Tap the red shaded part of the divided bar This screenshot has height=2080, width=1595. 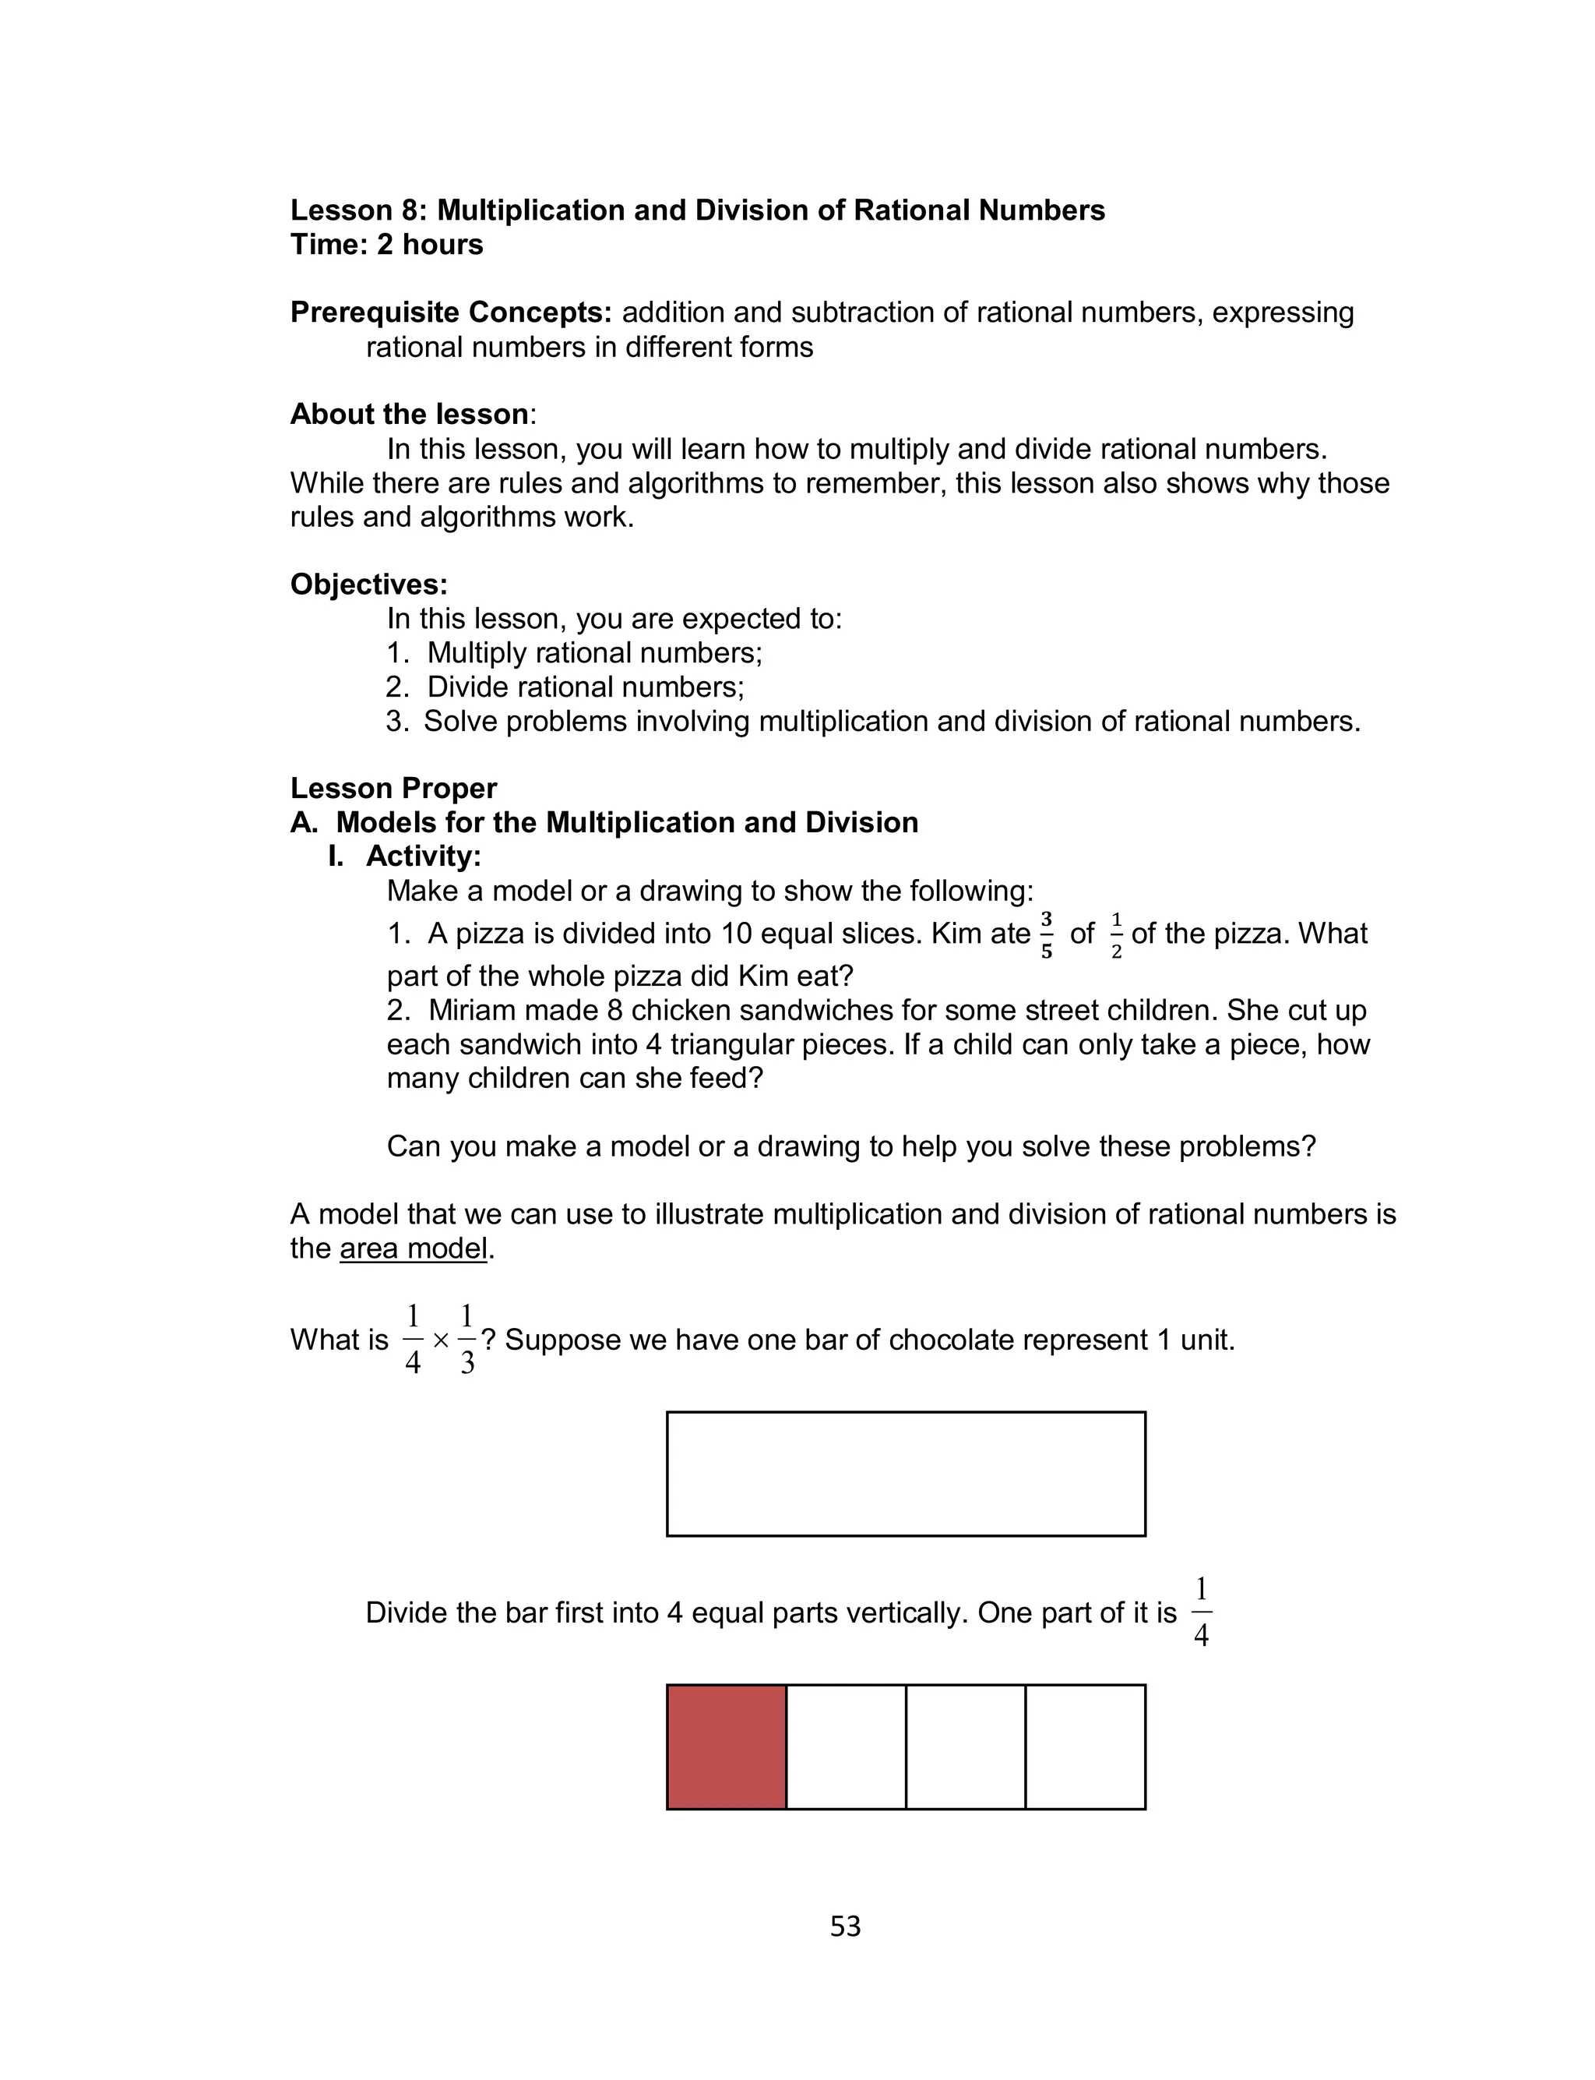coord(727,1746)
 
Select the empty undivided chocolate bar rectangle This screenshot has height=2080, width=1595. coord(906,1473)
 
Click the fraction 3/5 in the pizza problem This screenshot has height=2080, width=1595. coord(1046,934)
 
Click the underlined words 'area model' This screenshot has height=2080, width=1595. coord(413,1248)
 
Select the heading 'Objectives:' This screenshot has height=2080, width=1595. coord(368,584)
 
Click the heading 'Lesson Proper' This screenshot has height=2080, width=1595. coord(393,789)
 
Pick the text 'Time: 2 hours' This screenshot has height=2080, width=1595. coord(386,244)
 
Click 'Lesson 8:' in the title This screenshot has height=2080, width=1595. coord(359,210)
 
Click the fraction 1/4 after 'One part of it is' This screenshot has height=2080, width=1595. coord(1201,1612)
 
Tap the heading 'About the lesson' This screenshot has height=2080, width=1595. coord(409,414)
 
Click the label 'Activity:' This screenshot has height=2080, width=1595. coord(424,856)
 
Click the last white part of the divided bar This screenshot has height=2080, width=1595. coord(1085,1746)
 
